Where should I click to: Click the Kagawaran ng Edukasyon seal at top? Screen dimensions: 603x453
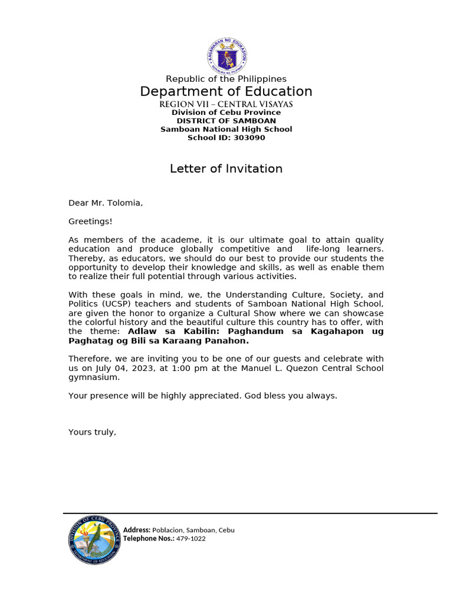click(x=226, y=56)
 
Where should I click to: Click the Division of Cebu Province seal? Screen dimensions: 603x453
click(x=94, y=539)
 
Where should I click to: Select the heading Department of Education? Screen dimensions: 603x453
click(x=226, y=91)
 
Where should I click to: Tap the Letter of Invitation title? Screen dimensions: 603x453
click(x=226, y=169)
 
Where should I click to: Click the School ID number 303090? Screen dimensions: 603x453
click(x=251, y=138)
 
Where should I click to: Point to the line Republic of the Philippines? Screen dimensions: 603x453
click(x=226, y=79)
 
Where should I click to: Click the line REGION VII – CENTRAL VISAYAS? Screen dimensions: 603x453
click(x=226, y=104)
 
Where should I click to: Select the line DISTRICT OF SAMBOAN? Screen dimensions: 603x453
click(x=226, y=121)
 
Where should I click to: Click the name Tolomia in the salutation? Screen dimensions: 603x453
click(x=125, y=203)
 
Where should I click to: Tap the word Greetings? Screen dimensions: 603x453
click(x=90, y=221)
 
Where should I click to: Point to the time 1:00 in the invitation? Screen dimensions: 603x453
click(x=179, y=368)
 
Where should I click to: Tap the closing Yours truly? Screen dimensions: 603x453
click(x=92, y=432)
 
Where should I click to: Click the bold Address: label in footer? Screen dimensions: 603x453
click(x=137, y=530)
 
